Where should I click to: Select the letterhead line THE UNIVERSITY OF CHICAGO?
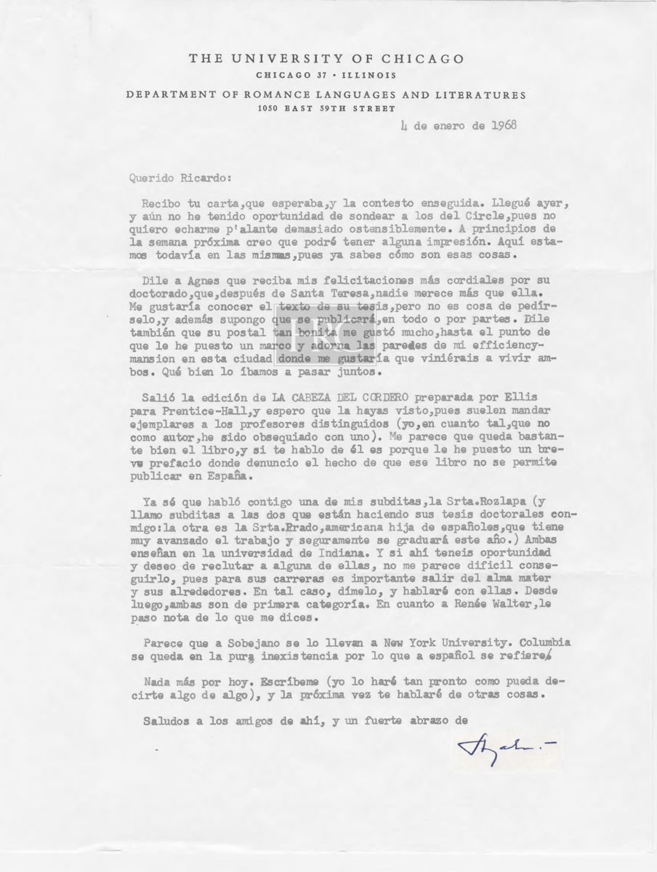tap(326, 60)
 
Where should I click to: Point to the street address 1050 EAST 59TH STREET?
tap(327, 109)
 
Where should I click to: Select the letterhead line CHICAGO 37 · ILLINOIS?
tap(326, 76)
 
